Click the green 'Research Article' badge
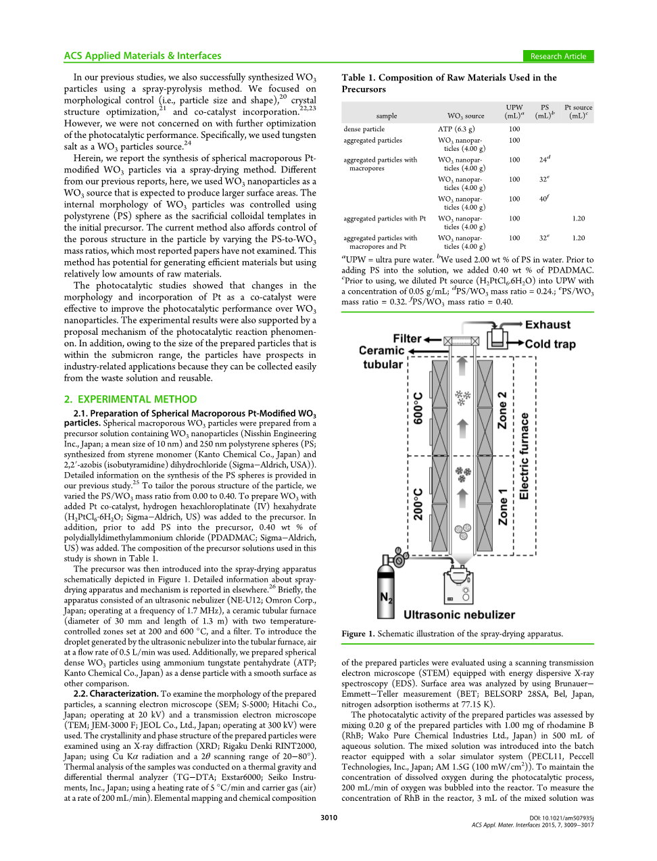(558, 56)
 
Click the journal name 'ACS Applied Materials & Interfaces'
(143, 56)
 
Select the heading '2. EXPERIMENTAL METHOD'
(130, 399)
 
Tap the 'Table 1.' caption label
(358, 78)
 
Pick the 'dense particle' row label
(364, 129)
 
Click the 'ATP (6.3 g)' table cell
(456, 129)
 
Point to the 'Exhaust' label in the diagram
(547, 325)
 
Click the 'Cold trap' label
(550, 344)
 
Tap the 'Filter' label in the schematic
(407, 338)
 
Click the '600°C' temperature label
(418, 408)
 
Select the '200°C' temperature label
(418, 504)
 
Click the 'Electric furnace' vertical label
(525, 457)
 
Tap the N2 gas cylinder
(386, 590)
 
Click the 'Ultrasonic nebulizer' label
(459, 615)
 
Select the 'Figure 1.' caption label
(358, 634)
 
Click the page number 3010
(328, 818)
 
